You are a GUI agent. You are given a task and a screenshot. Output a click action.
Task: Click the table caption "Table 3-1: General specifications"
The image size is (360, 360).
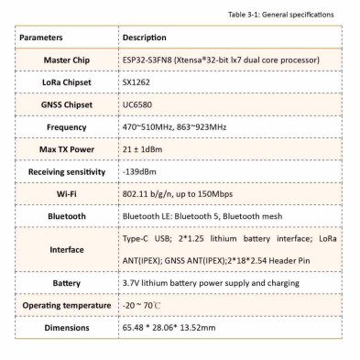pos(289,16)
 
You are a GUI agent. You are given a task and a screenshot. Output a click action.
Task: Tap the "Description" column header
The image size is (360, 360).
pos(145,38)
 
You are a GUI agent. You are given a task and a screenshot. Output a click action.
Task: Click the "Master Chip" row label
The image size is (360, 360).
pos(68,60)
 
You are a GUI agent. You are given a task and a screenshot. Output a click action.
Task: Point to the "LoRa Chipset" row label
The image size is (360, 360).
pos(68,82)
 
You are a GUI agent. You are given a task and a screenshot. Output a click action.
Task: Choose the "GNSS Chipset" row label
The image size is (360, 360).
pos(68,104)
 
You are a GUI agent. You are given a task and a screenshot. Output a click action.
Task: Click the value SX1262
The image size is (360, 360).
pos(136,82)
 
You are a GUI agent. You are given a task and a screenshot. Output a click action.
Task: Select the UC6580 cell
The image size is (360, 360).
pos(136,104)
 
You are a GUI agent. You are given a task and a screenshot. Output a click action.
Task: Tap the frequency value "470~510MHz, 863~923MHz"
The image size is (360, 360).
pos(173,126)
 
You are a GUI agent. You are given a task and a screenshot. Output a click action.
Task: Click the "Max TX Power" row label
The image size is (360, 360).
pos(68,148)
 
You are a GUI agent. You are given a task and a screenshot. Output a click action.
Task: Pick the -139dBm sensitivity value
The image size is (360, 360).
pos(139,171)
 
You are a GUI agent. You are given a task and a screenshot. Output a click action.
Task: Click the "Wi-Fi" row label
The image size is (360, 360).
pos(68,193)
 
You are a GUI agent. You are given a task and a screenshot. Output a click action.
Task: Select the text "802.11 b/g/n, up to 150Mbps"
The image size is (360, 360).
pos(180,193)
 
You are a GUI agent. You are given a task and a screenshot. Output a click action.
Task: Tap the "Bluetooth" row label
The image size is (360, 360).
pos(68,216)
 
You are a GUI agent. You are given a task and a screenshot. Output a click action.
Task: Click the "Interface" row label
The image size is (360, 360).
pos(68,249)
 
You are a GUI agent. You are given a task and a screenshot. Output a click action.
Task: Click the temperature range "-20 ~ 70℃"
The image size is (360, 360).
pos(142,304)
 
